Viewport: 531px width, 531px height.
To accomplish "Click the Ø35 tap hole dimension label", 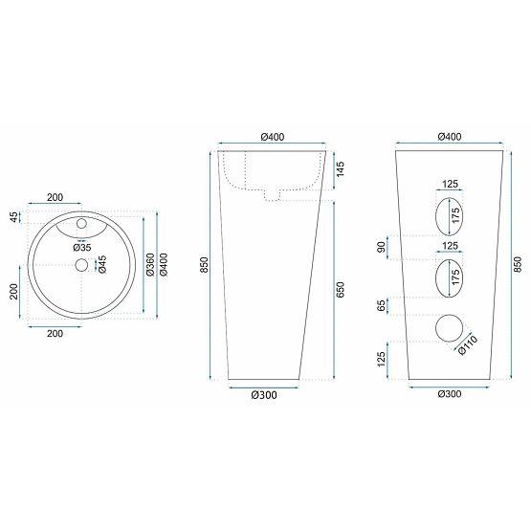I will click(x=83, y=246).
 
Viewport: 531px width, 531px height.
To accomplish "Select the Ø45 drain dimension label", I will click(x=102, y=263).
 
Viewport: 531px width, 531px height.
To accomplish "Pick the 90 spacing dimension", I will click(x=382, y=247).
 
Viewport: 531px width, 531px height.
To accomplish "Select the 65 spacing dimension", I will click(x=382, y=306).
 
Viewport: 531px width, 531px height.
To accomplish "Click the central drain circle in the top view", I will click(x=81, y=264).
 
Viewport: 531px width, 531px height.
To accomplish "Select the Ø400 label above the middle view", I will click(x=272, y=137).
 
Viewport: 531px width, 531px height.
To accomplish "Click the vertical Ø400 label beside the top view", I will click(x=165, y=264).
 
